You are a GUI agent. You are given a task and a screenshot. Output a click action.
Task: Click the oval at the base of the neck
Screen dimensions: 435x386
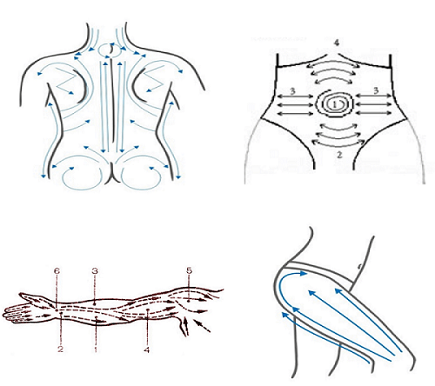click(x=110, y=50)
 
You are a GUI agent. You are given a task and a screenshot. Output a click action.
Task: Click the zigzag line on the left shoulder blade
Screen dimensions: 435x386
click(x=65, y=82)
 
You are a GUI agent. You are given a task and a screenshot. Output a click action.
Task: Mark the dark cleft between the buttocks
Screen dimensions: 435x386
click(x=112, y=173)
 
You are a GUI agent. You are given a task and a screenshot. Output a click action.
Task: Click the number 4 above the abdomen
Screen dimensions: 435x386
click(x=336, y=43)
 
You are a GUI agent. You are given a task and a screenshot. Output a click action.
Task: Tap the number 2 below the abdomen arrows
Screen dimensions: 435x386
click(x=339, y=155)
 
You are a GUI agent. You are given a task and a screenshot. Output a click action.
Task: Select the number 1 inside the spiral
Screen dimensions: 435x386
click(x=335, y=104)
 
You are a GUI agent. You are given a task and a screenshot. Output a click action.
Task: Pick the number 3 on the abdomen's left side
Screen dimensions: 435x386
click(x=292, y=91)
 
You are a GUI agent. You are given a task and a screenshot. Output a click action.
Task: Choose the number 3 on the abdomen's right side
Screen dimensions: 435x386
click(x=376, y=90)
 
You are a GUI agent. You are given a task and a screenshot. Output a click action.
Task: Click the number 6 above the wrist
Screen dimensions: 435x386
click(x=57, y=271)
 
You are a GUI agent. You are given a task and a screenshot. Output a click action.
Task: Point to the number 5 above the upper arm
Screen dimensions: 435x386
click(x=189, y=270)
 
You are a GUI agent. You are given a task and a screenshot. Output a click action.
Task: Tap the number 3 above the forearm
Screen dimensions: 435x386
click(x=95, y=271)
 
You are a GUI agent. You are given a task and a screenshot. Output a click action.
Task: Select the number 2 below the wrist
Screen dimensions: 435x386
click(x=60, y=349)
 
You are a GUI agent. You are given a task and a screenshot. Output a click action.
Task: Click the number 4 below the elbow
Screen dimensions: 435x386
click(x=147, y=349)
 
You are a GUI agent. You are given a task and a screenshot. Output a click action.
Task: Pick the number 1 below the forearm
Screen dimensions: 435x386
click(x=96, y=349)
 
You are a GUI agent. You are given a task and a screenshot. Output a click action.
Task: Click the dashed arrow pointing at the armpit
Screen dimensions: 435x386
click(x=202, y=325)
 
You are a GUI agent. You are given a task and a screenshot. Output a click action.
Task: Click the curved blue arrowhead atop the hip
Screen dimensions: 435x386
click(x=303, y=273)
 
